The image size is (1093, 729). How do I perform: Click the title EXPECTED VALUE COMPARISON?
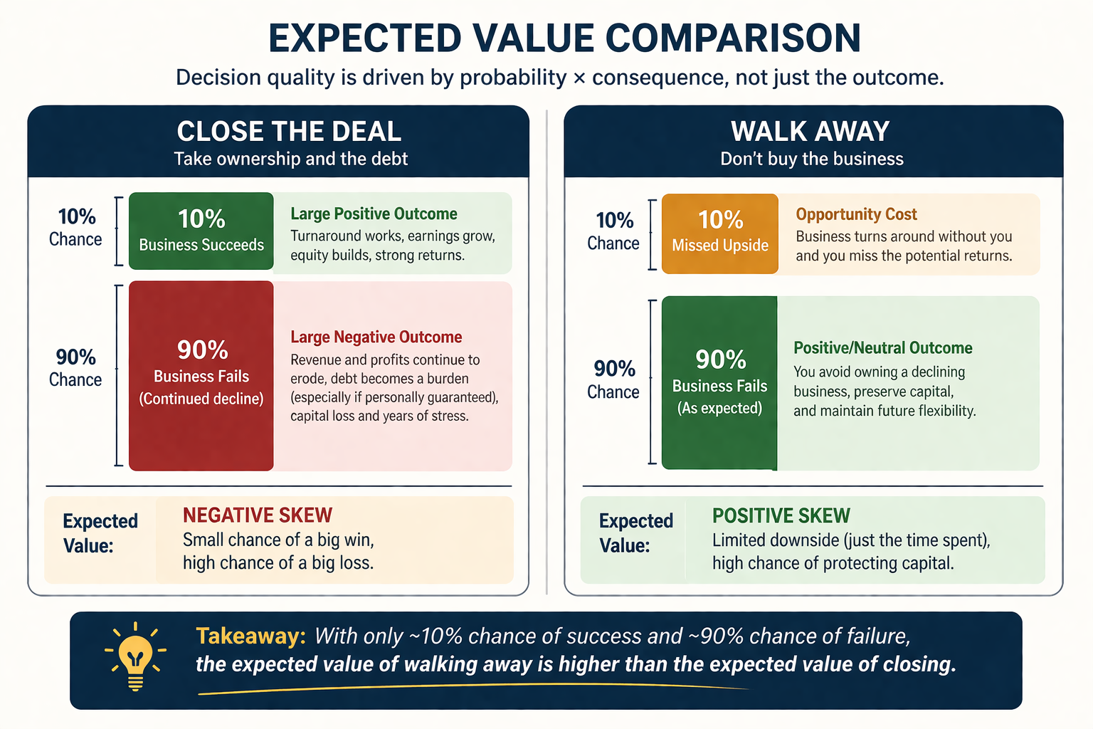point(564,38)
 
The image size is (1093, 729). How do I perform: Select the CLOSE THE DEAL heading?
point(289,132)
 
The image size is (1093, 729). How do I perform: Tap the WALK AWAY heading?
point(810,132)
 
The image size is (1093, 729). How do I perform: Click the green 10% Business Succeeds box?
point(201,231)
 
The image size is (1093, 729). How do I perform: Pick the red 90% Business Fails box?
point(201,375)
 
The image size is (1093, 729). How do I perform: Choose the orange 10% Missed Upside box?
point(720,233)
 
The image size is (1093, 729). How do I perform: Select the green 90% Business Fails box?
point(719,382)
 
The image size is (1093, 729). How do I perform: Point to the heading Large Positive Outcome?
point(374,214)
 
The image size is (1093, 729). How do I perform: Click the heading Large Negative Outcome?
point(376,337)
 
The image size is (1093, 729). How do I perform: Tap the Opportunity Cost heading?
point(856,214)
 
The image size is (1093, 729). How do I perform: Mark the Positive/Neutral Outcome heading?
point(882,348)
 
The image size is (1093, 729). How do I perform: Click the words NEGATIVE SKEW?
point(258,515)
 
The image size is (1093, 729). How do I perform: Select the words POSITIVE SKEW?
point(781,515)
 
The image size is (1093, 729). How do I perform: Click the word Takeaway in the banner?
point(250,636)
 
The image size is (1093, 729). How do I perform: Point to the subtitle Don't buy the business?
point(811,159)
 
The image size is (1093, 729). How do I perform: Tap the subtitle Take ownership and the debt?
point(290,159)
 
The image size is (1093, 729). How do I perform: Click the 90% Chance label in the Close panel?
point(75,367)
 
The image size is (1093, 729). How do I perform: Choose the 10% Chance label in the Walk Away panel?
point(613,231)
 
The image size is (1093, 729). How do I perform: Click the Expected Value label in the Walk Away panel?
point(635,533)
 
